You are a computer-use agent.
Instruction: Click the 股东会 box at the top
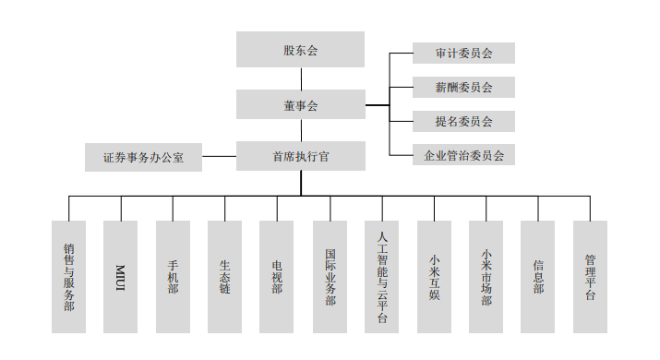point(300,50)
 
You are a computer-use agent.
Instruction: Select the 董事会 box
point(300,105)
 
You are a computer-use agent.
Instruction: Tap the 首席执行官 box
point(300,157)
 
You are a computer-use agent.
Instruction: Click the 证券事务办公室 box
point(143,158)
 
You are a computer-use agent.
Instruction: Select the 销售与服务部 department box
point(69,276)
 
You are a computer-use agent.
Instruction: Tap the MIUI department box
point(121,276)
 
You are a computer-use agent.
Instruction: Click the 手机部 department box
point(173,276)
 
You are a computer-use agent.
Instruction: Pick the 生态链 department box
point(224,276)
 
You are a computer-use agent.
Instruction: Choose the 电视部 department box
point(277,276)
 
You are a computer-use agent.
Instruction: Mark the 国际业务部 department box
point(330,276)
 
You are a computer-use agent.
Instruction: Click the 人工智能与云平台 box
point(381,276)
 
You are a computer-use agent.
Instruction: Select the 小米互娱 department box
point(434,276)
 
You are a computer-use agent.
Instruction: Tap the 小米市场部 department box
point(486,276)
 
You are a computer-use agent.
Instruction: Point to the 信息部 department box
point(538,276)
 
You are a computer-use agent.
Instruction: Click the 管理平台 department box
point(590,276)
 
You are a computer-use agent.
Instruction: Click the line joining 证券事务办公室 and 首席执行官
point(219,157)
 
